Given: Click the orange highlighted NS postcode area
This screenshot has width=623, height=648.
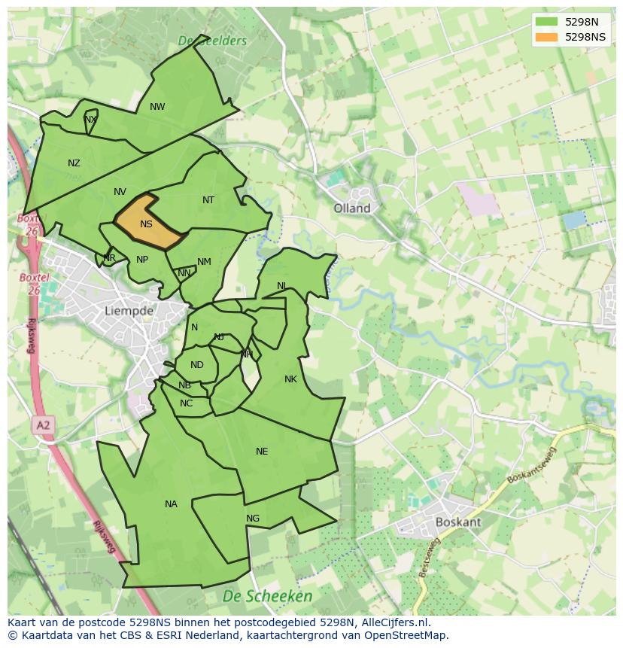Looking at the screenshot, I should coord(149,223).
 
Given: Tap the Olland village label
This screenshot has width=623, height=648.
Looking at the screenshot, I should coord(352,208).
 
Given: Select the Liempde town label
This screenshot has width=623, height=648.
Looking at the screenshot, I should coord(129,310).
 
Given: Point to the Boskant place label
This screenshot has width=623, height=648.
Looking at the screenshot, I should coord(458,522).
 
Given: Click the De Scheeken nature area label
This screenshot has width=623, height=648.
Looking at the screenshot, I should coord(267,596).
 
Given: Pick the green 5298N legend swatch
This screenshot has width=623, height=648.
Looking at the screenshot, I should coord(547,22).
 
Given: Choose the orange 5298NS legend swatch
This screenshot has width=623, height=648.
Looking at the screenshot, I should coord(547,37).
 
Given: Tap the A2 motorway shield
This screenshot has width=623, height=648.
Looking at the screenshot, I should coord(44,425).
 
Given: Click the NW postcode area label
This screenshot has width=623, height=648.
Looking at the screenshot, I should coord(157,107).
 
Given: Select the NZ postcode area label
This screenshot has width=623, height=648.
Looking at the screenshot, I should coord(74,163).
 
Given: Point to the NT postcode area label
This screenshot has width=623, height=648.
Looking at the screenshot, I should coord(208,200).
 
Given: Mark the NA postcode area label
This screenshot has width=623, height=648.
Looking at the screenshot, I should coord(171,504).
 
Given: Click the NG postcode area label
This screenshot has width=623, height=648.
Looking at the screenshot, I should coord(253,519).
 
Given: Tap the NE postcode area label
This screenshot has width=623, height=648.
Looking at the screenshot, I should coord(262,452).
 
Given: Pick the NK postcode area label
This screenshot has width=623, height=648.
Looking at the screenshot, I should coord(290,379).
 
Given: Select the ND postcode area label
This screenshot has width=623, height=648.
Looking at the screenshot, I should coord(196,365).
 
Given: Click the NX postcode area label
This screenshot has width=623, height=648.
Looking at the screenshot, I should coord(90,120).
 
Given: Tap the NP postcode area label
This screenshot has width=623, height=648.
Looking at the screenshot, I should coord(142,260).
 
